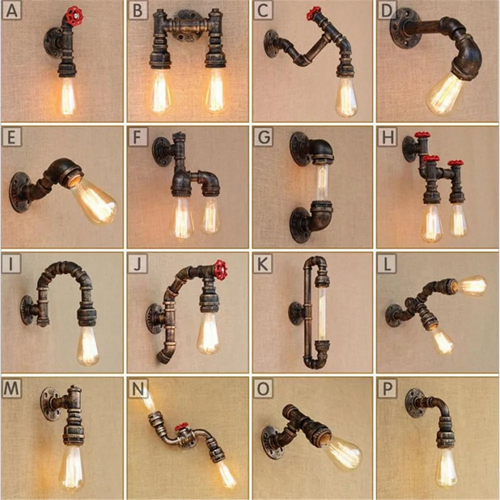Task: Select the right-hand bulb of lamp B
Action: [x=216, y=91]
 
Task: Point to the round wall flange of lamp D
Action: [x=404, y=28]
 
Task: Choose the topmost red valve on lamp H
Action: [x=422, y=135]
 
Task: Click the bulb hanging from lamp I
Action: [x=87, y=345]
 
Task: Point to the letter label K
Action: [x=262, y=264]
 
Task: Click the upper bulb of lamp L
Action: [x=472, y=285]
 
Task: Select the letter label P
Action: [x=387, y=388]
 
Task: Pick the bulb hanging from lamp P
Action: [x=445, y=467]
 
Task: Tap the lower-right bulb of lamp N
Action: [x=226, y=474]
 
